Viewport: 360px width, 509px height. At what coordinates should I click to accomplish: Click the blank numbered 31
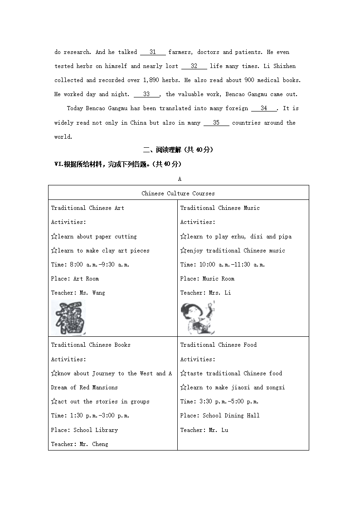pyautogui.click(x=153, y=52)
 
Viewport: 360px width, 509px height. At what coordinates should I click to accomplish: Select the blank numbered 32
pyautogui.click(x=194, y=66)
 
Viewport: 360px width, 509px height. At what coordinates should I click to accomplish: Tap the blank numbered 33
pyautogui.click(x=146, y=94)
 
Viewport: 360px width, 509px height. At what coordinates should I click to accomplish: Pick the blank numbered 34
pyautogui.click(x=263, y=108)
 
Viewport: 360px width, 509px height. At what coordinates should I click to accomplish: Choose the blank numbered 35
pyautogui.click(x=216, y=123)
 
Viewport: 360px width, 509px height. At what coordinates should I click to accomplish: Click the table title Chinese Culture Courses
pyautogui.click(x=178, y=194)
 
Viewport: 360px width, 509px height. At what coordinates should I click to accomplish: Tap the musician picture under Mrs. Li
pyautogui.click(x=197, y=318)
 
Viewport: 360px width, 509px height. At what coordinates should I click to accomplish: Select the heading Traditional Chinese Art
pyautogui.click(x=88, y=208)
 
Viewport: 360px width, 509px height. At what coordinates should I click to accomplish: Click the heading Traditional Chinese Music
pyautogui.click(x=220, y=208)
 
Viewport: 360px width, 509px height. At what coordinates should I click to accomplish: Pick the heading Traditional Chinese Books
pyautogui.click(x=91, y=345)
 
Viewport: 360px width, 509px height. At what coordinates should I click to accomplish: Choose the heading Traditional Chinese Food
pyautogui.click(x=218, y=345)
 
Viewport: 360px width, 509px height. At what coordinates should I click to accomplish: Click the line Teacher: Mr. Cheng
pyautogui.click(x=79, y=444)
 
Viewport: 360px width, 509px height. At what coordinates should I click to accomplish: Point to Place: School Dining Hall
pyautogui.click(x=220, y=416)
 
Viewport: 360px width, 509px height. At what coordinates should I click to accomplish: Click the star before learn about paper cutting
pyautogui.click(x=54, y=237)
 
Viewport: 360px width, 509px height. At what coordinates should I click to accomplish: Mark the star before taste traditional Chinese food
pyautogui.click(x=183, y=373)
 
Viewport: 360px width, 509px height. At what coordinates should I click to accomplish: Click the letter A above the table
pyautogui.click(x=180, y=179)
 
